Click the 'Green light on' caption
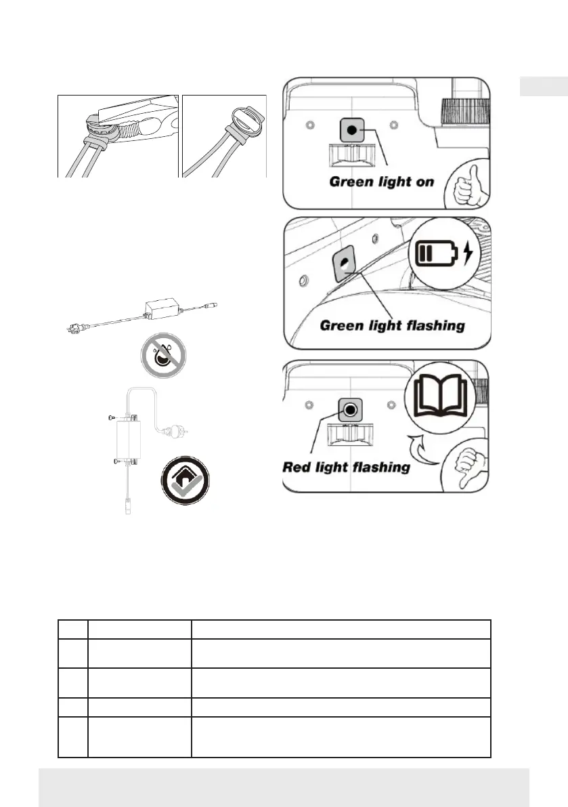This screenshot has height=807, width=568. [x=381, y=182]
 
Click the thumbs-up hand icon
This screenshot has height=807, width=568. [x=466, y=183]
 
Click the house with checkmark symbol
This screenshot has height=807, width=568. [x=184, y=480]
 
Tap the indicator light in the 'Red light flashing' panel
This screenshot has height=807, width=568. [x=349, y=409]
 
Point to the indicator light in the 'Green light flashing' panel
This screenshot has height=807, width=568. [x=345, y=263]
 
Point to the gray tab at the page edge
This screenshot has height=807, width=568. [x=544, y=87]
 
